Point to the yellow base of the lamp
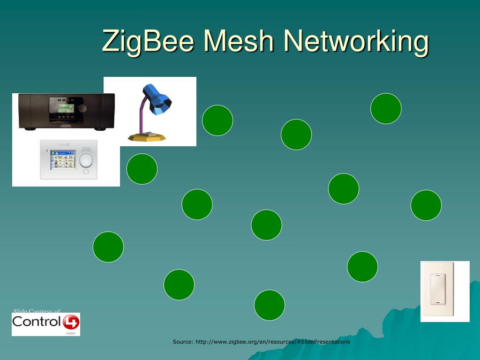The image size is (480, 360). pyautogui.click(x=147, y=136)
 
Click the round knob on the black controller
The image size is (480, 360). pyautogui.click(x=82, y=108)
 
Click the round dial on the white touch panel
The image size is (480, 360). pyautogui.click(x=86, y=160)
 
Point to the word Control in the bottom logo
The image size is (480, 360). pyautogui.click(x=37, y=322)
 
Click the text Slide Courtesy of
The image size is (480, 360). pyautogui.click(x=37, y=311)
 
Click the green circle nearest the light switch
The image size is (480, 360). pyautogui.click(x=362, y=267)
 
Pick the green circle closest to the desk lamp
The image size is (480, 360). pyautogui.click(x=217, y=120)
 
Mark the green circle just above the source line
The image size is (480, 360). pyautogui.click(x=270, y=305)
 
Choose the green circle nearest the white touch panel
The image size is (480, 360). pyautogui.click(x=142, y=169)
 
